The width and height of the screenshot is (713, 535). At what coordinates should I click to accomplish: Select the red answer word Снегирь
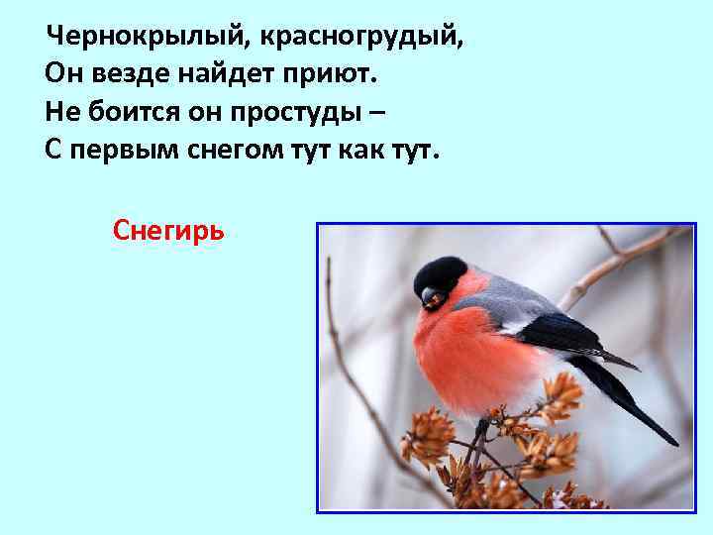click(169, 231)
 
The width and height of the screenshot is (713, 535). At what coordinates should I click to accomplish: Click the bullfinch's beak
click(429, 296)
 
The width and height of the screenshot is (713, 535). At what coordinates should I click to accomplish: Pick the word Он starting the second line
click(59, 75)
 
